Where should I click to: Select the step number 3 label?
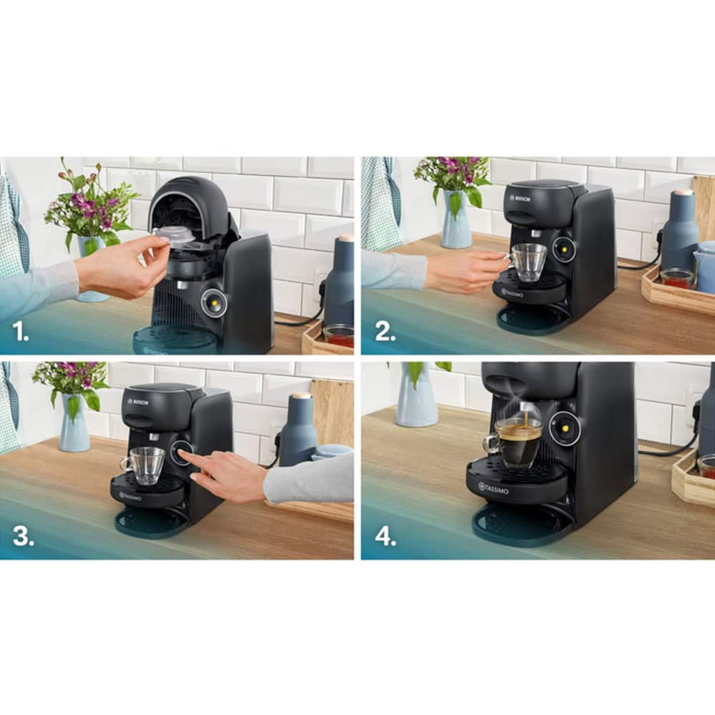pyautogui.click(x=23, y=537)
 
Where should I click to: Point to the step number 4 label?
pyautogui.click(x=385, y=537)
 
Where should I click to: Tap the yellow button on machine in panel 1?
pyautogui.click(x=213, y=303)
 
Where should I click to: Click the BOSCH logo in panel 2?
pyautogui.click(x=521, y=198)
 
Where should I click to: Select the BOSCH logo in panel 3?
pyautogui.click(x=138, y=402)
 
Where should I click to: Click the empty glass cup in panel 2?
pyautogui.click(x=529, y=262)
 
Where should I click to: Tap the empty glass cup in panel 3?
pyautogui.click(x=147, y=465)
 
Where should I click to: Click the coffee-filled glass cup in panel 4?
pyautogui.click(x=517, y=442)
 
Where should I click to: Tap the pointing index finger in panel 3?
pyautogui.click(x=184, y=454)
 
